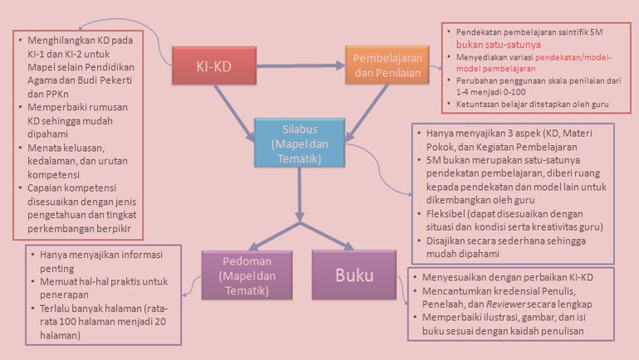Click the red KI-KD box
tap(214, 66)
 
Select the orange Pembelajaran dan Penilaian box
tap(388, 66)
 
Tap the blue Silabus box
tap(300, 143)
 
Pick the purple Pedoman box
tap(246, 275)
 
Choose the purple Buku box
tap(354, 275)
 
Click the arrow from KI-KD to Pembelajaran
tap(300, 66)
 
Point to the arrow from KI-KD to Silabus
tap(234, 113)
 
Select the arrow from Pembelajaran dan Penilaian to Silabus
tap(367, 113)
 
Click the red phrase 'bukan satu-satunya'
tap(499, 45)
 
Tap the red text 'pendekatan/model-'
tap(573, 57)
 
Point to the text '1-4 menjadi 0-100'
tap(490, 92)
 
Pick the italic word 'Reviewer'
tap(506, 304)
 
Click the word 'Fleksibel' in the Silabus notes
tap(443, 214)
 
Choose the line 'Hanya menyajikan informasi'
tap(101, 255)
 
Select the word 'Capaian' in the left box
tap(45, 188)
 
